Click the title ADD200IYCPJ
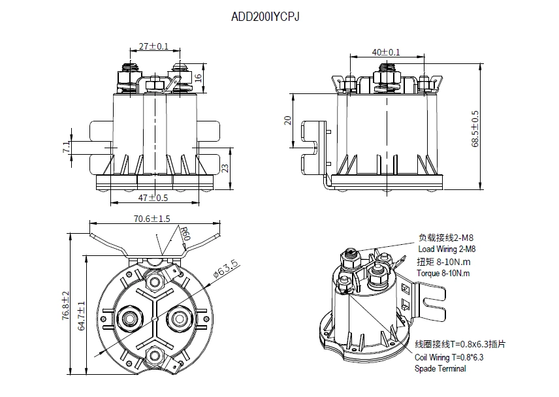(266, 18)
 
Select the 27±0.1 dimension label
(153, 46)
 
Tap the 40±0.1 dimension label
(385, 52)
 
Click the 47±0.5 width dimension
(153, 197)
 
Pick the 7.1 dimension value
(65, 148)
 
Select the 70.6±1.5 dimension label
(152, 219)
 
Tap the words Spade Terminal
(441, 369)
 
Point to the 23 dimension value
(225, 167)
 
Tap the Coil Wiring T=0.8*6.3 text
(449, 357)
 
